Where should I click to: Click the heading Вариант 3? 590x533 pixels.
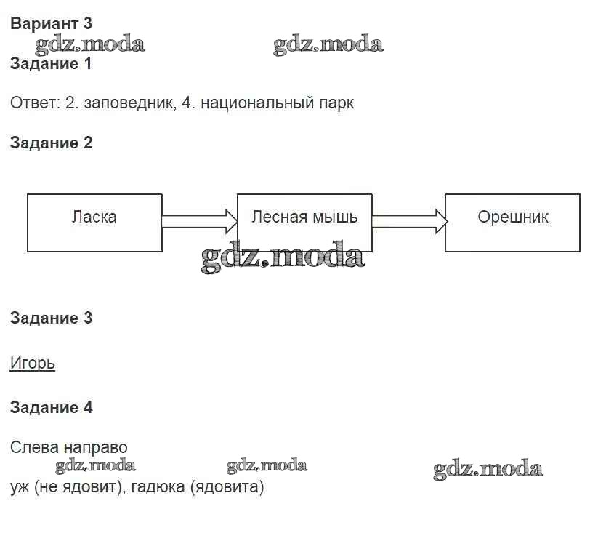pyautogui.click(x=51, y=24)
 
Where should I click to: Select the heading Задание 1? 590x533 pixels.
pyautogui.click(x=51, y=64)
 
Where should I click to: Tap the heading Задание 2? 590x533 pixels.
pyautogui.click(x=51, y=143)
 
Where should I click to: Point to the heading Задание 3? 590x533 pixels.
pyautogui.click(x=51, y=318)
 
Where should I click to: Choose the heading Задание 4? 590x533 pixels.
pyautogui.click(x=51, y=407)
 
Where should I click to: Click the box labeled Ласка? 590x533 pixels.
pyautogui.click(x=94, y=223)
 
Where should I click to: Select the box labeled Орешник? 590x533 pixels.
pyautogui.click(x=512, y=223)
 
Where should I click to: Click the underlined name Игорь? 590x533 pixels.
pyautogui.click(x=33, y=363)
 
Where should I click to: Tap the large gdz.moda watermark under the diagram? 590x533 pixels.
pyautogui.click(x=282, y=257)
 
